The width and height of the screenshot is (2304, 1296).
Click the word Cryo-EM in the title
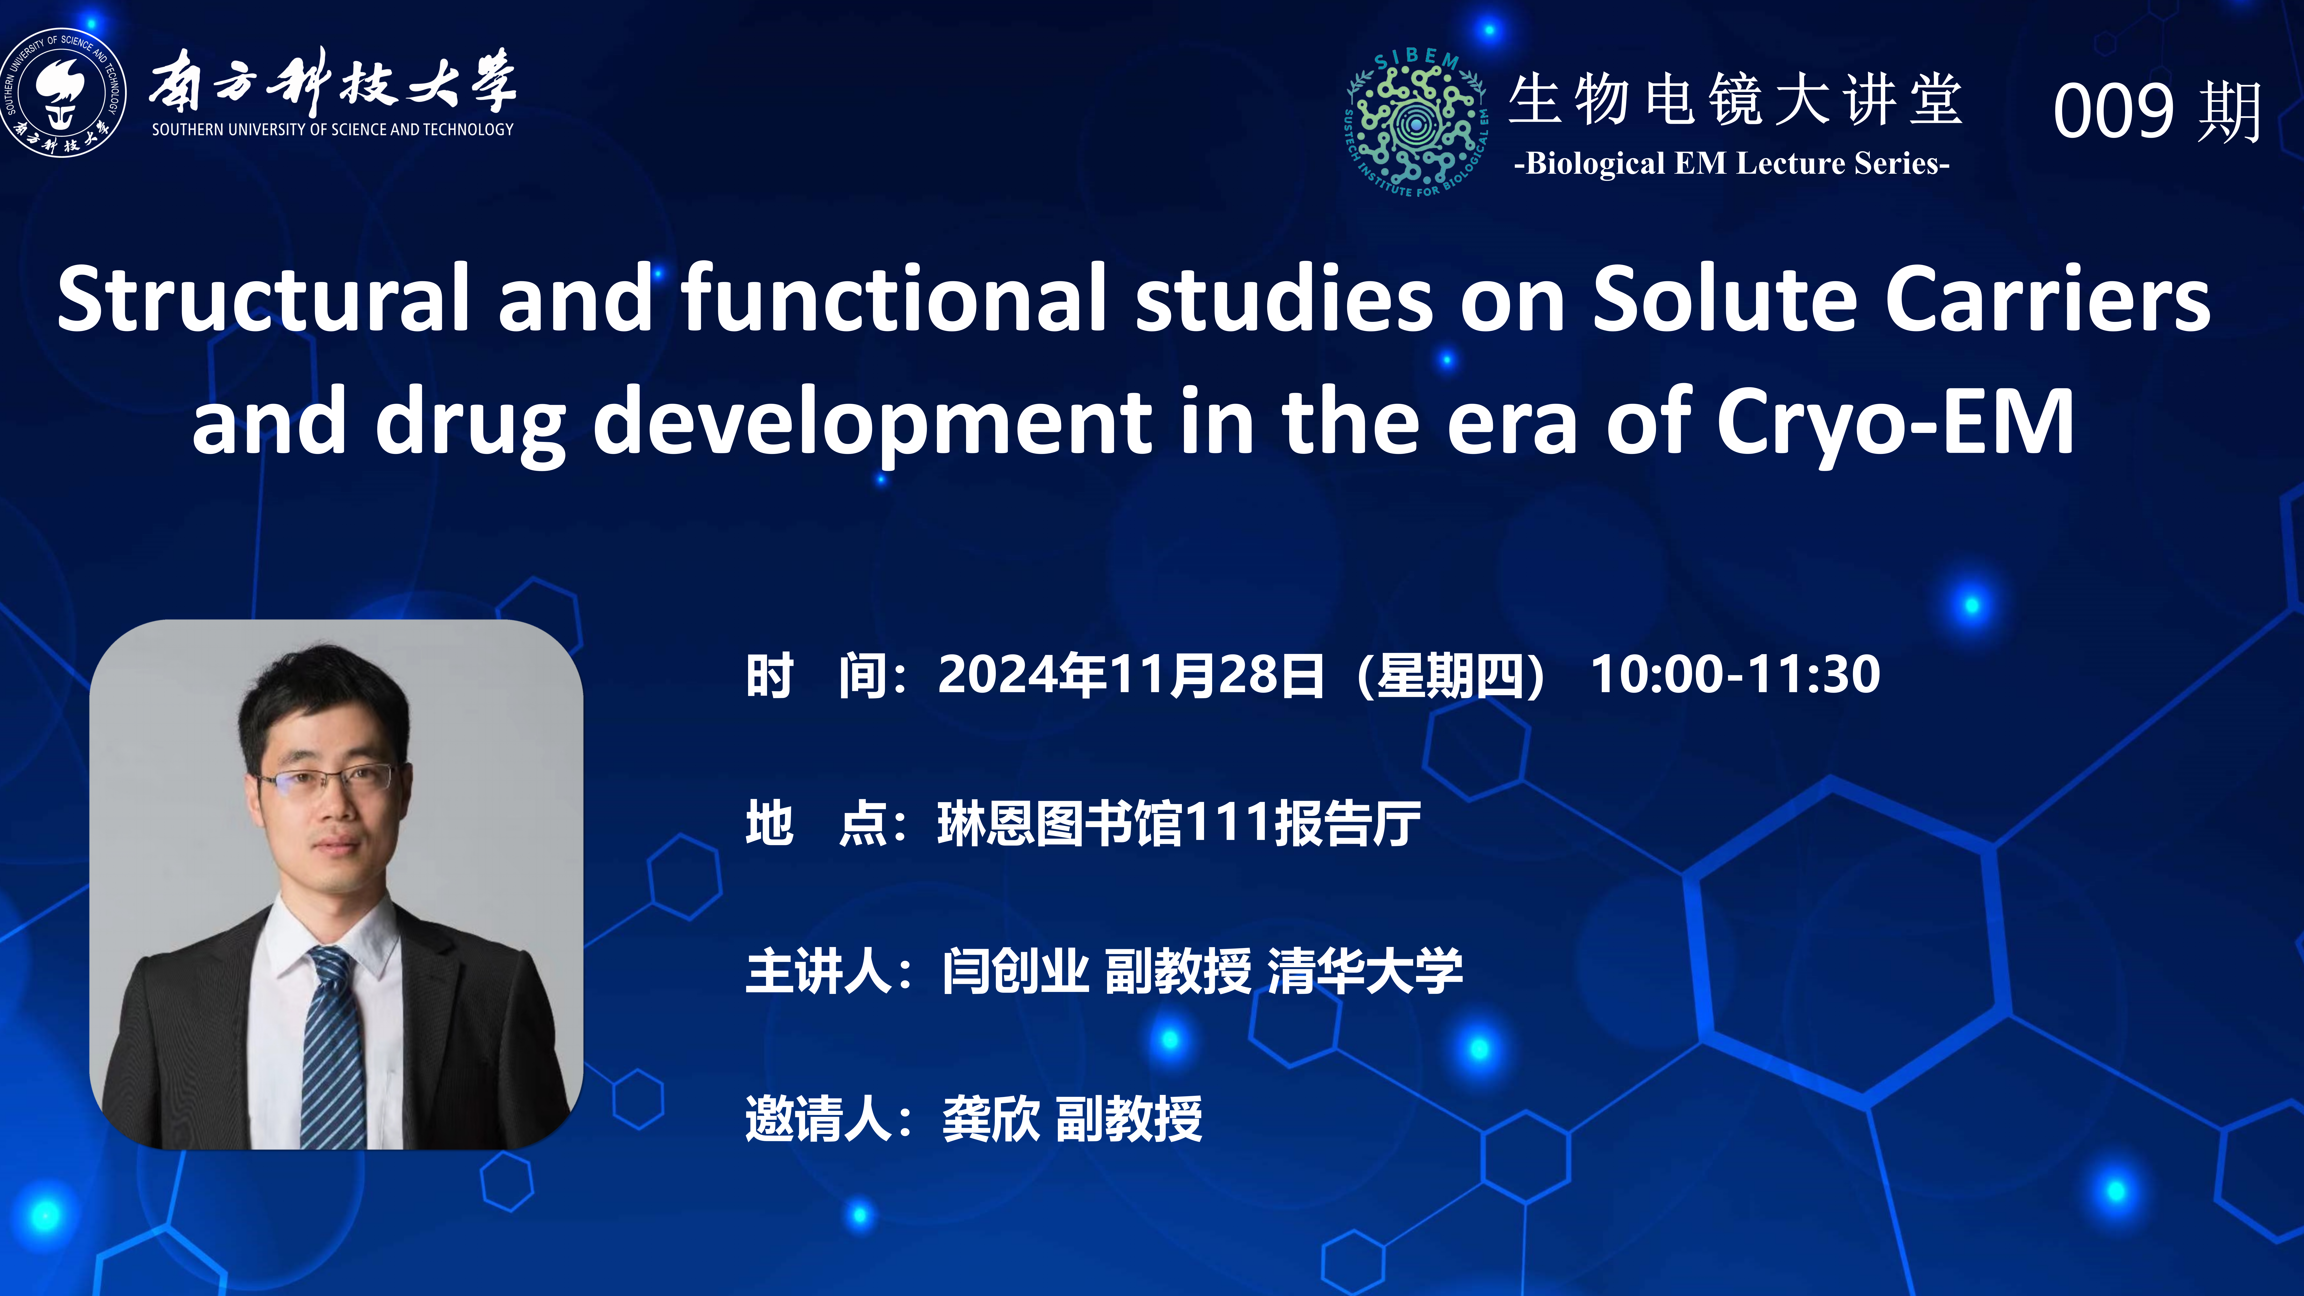pos(1895,420)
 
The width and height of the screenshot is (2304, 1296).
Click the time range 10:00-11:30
pos(1735,674)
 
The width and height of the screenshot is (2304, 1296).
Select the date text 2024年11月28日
pos(1131,674)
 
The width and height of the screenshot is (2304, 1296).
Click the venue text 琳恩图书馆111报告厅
pos(1179,823)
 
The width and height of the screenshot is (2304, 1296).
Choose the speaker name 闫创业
pos(1015,970)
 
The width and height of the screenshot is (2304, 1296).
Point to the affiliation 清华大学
pos(1365,970)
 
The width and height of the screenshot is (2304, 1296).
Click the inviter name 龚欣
pos(991,1118)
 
